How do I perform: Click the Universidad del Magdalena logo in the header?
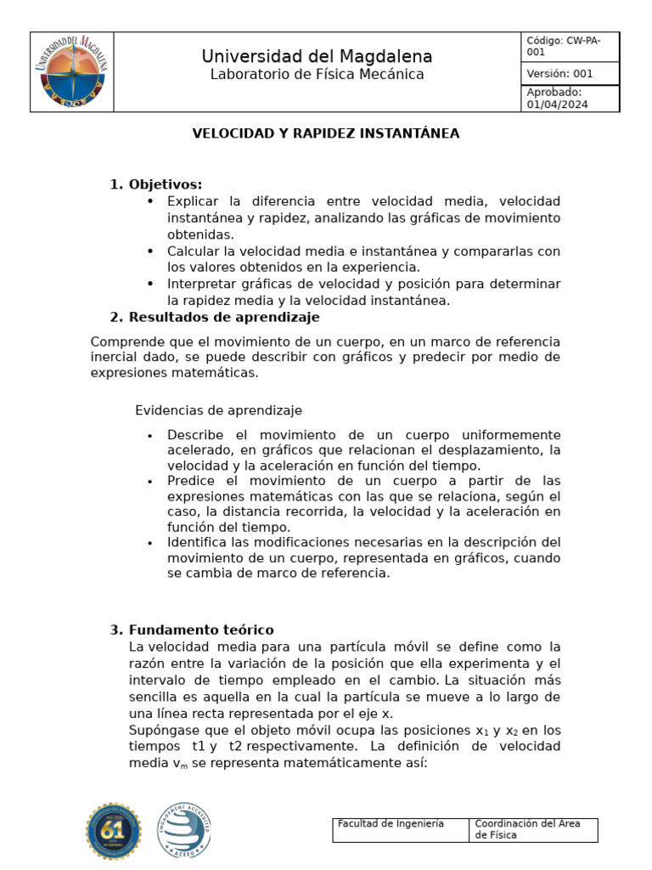click(71, 72)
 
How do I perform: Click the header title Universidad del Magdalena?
click(317, 56)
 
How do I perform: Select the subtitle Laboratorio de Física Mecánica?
click(317, 75)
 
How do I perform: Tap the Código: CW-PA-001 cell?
click(570, 46)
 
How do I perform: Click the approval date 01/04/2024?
click(557, 105)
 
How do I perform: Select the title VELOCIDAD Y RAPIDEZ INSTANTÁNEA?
click(325, 133)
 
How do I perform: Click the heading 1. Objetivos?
click(156, 184)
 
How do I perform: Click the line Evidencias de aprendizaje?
click(218, 410)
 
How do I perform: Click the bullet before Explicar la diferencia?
click(150, 201)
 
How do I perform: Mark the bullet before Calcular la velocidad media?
click(150, 251)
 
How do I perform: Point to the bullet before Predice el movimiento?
click(150, 481)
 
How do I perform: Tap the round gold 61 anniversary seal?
click(114, 831)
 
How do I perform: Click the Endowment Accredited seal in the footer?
click(183, 831)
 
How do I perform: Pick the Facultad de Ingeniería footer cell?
click(400, 829)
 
